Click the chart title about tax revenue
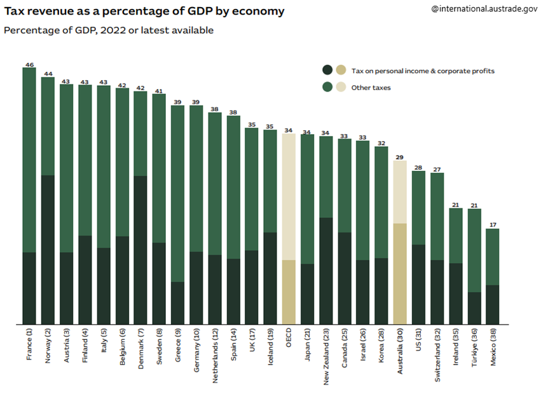coord(144,11)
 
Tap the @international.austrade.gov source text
coord(484,10)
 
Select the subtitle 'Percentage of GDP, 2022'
coord(109,30)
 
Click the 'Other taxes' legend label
coord(371,88)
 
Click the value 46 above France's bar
coord(29,65)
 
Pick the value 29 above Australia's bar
coord(399,157)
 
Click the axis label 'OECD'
coord(289,337)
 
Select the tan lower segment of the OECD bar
coord(289,292)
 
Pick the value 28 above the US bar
coord(418,168)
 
